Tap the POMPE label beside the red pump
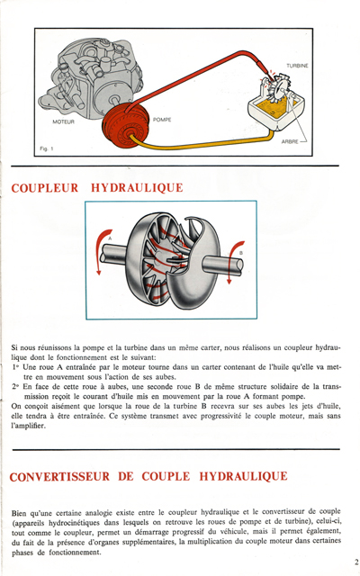click(163, 120)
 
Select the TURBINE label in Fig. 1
click(298, 67)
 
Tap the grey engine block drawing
click(88, 76)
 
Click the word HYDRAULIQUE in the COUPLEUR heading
click(137, 188)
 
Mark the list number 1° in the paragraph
click(17, 368)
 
